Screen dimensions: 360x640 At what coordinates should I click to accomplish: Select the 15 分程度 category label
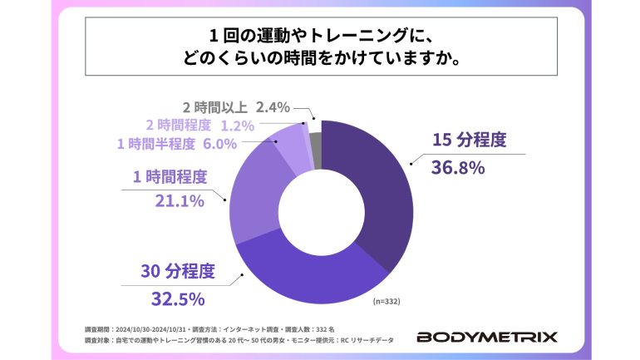pos(468,141)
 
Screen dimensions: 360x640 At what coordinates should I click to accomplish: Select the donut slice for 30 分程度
pos(308,266)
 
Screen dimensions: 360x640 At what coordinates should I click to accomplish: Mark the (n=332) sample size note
pos(387,300)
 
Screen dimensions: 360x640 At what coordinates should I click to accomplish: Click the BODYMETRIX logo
pos(487,337)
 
